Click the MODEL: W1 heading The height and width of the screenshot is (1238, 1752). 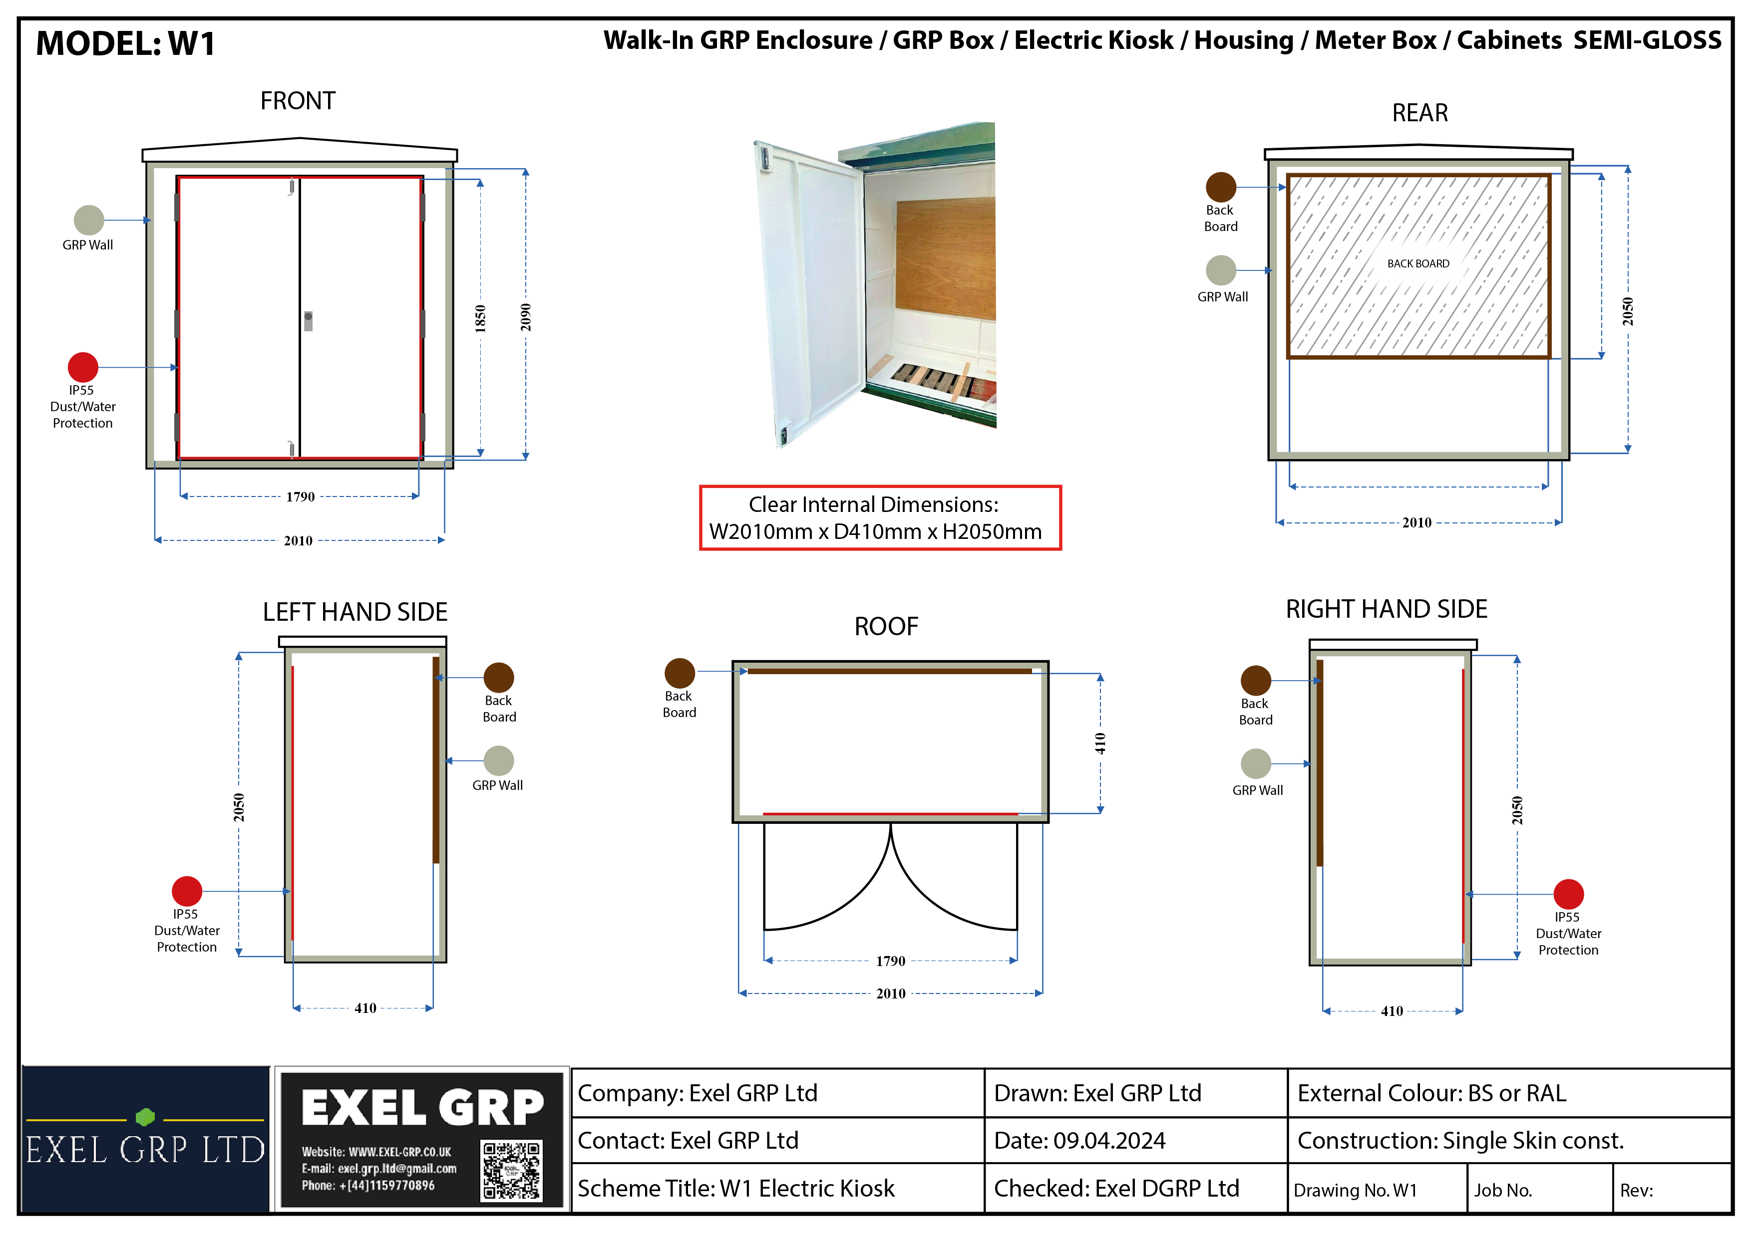(x=125, y=43)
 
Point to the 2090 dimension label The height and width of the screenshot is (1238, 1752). (x=526, y=317)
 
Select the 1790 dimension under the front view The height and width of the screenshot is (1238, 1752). (x=300, y=496)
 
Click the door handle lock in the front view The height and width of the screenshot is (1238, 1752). (x=308, y=321)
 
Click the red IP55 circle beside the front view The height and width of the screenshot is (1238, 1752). (x=83, y=367)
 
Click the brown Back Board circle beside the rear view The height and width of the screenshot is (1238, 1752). (x=1221, y=187)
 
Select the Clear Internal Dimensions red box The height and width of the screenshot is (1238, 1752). (x=881, y=518)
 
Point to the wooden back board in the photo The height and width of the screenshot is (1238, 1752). (x=946, y=259)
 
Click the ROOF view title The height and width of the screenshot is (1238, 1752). (x=886, y=626)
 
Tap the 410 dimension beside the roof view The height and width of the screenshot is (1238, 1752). (x=1099, y=743)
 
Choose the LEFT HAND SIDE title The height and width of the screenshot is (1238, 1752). (x=355, y=612)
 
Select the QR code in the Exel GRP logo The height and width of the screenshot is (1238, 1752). (x=511, y=1170)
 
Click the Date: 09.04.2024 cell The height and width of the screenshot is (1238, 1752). (x=1135, y=1140)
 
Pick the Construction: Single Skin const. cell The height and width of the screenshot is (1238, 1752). (x=1508, y=1140)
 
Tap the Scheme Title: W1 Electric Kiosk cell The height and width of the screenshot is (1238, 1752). (x=777, y=1188)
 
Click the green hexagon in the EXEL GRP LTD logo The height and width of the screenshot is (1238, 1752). (x=145, y=1117)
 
